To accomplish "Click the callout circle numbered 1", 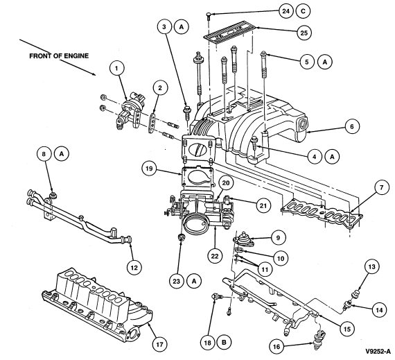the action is [x=116, y=68].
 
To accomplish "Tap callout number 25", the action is [x=304, y=33].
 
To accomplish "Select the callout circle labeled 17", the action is [x=159, y=344].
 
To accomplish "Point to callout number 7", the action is [x=381, y=188].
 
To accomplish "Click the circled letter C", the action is [x=303, y=11].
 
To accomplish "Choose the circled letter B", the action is [x=224, y=343].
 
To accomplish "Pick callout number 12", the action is [x=134, y=268].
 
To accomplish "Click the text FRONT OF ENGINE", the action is [x=59, y=55].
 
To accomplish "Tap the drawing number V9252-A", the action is [x=378, y=352].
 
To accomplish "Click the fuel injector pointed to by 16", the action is [x=318, y=339].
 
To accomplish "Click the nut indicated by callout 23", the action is [x=181, y=237].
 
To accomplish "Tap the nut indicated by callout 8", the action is [x=53, y=195].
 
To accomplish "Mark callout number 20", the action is [x=226, y=182].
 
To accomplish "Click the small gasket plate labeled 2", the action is [x=152, y=123].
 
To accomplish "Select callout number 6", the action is [x=352, y=126].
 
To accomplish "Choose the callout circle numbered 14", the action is [x=379, y=310].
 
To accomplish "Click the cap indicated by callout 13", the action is [x=355, y=293].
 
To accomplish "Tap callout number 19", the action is [x=149, y=168].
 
